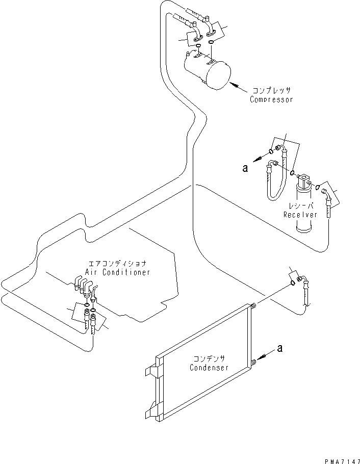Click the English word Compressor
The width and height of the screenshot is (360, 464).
click(271, 100)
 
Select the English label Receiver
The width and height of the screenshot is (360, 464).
click(300, 215)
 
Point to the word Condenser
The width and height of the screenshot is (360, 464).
click(209, 368)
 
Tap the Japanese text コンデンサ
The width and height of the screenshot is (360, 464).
click(209, 358)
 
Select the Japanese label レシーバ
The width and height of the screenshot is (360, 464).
click(301, 206)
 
